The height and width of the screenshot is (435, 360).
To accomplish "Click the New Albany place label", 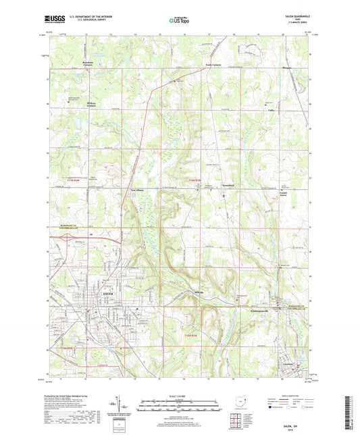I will coord(138,191).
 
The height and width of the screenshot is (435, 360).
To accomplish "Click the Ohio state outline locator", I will coord(240,406).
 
